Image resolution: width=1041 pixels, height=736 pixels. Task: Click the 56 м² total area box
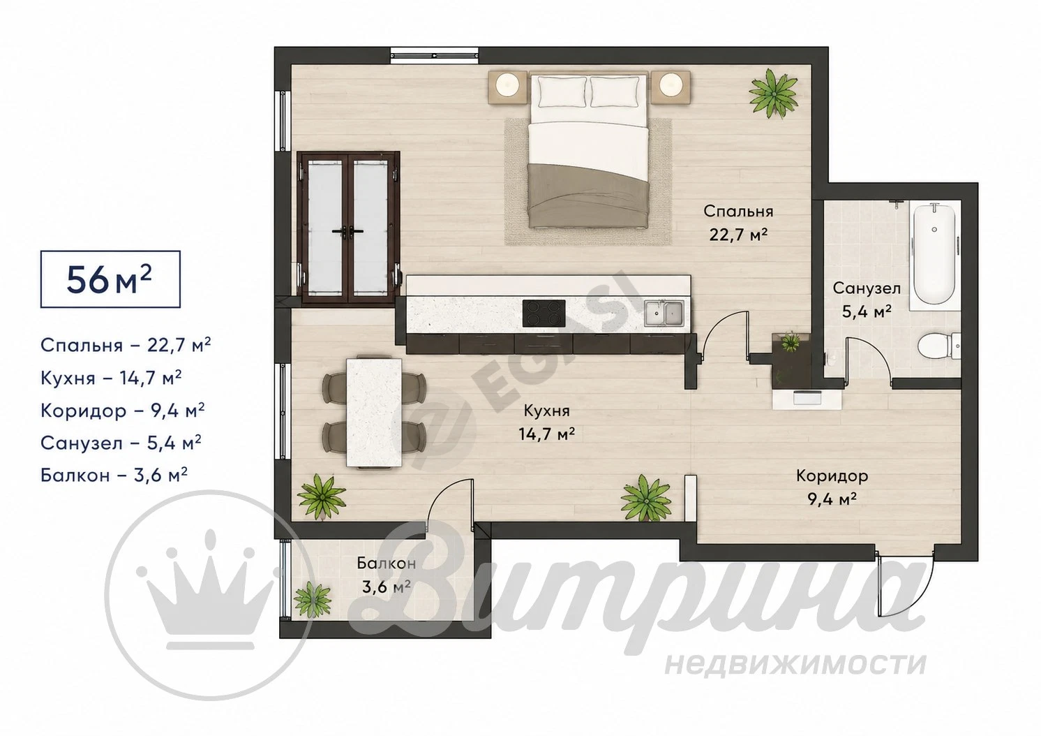click(110, 279)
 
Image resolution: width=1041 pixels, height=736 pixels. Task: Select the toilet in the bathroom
click(939, 346)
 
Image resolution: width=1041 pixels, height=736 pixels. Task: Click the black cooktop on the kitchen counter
click(544, 313)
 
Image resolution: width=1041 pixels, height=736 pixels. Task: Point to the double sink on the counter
click(664, 313)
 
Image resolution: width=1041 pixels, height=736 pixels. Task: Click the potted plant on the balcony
click(313, 601)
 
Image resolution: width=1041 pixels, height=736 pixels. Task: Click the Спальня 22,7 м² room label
click(738, 223)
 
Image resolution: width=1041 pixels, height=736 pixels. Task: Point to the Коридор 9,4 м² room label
click(832, 487)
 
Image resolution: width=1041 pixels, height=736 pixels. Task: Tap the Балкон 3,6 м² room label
click(387, 575)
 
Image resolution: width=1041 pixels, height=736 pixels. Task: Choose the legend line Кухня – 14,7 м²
click(111, 378)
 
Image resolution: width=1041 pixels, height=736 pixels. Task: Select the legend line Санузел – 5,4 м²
click(121, 443)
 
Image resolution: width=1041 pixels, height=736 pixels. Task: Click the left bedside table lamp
click(508, 85)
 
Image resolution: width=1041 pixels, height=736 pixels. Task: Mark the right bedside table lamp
click(671, 85)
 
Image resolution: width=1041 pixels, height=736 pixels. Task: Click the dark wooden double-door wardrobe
click(348, 228)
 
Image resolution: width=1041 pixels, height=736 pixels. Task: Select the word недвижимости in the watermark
click(795, 665)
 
